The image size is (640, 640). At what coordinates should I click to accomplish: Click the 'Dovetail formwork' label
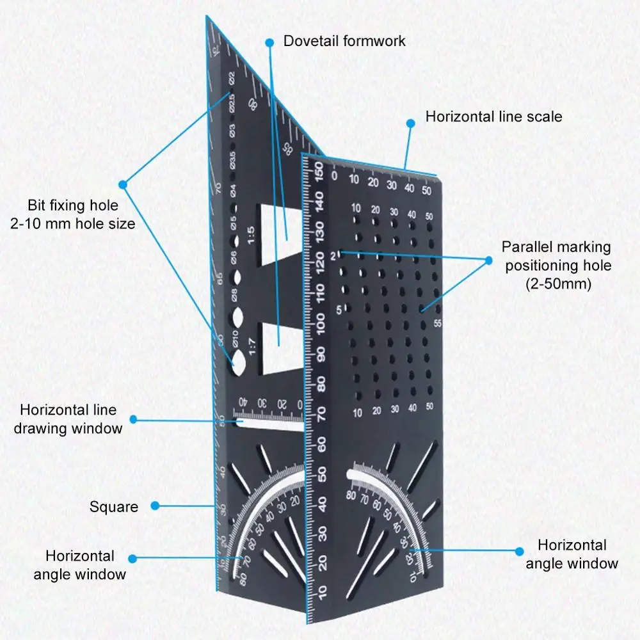click(x=344, y=41)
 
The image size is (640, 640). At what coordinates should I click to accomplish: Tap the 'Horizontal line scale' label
click(x=493, y=117)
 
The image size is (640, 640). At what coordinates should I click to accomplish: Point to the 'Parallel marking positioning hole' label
click(x=556, y=265)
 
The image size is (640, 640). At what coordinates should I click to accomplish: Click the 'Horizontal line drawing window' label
click(x=67, y=419)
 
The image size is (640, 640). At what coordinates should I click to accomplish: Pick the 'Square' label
click(x=113, y=507)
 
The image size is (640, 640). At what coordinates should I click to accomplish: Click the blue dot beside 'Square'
click(x=154, y=506)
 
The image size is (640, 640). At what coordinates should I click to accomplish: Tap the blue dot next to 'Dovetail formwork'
click(x=270, y=42)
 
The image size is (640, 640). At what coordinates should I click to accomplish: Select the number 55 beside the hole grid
click(x=438, y=323)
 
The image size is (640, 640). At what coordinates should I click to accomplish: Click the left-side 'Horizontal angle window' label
click(x=79, y=564)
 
